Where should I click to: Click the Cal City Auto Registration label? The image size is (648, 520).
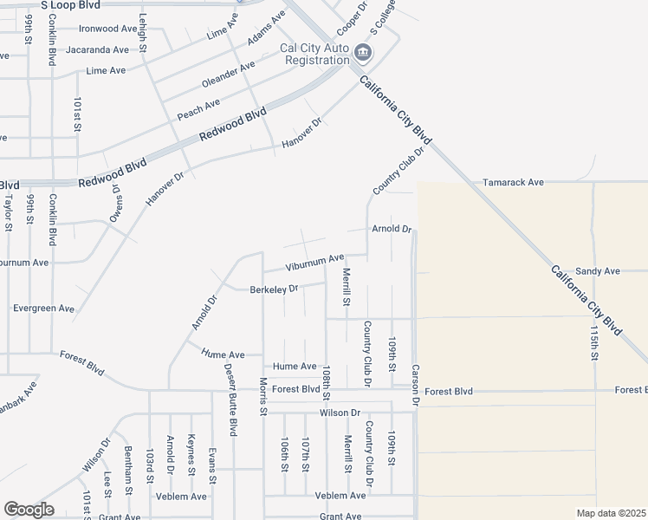point(314,54)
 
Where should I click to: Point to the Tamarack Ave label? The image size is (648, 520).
point(514,183)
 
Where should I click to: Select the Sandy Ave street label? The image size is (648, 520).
point(598,271)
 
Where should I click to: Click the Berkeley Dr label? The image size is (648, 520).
point(274,289)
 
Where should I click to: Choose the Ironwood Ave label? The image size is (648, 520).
point(108,28)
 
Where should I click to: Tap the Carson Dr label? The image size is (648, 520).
point(415,385)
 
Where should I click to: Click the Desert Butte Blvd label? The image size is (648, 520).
point(231,399)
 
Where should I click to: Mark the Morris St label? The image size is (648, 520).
point(262,396)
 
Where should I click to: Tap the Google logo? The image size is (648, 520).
point(29,510)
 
